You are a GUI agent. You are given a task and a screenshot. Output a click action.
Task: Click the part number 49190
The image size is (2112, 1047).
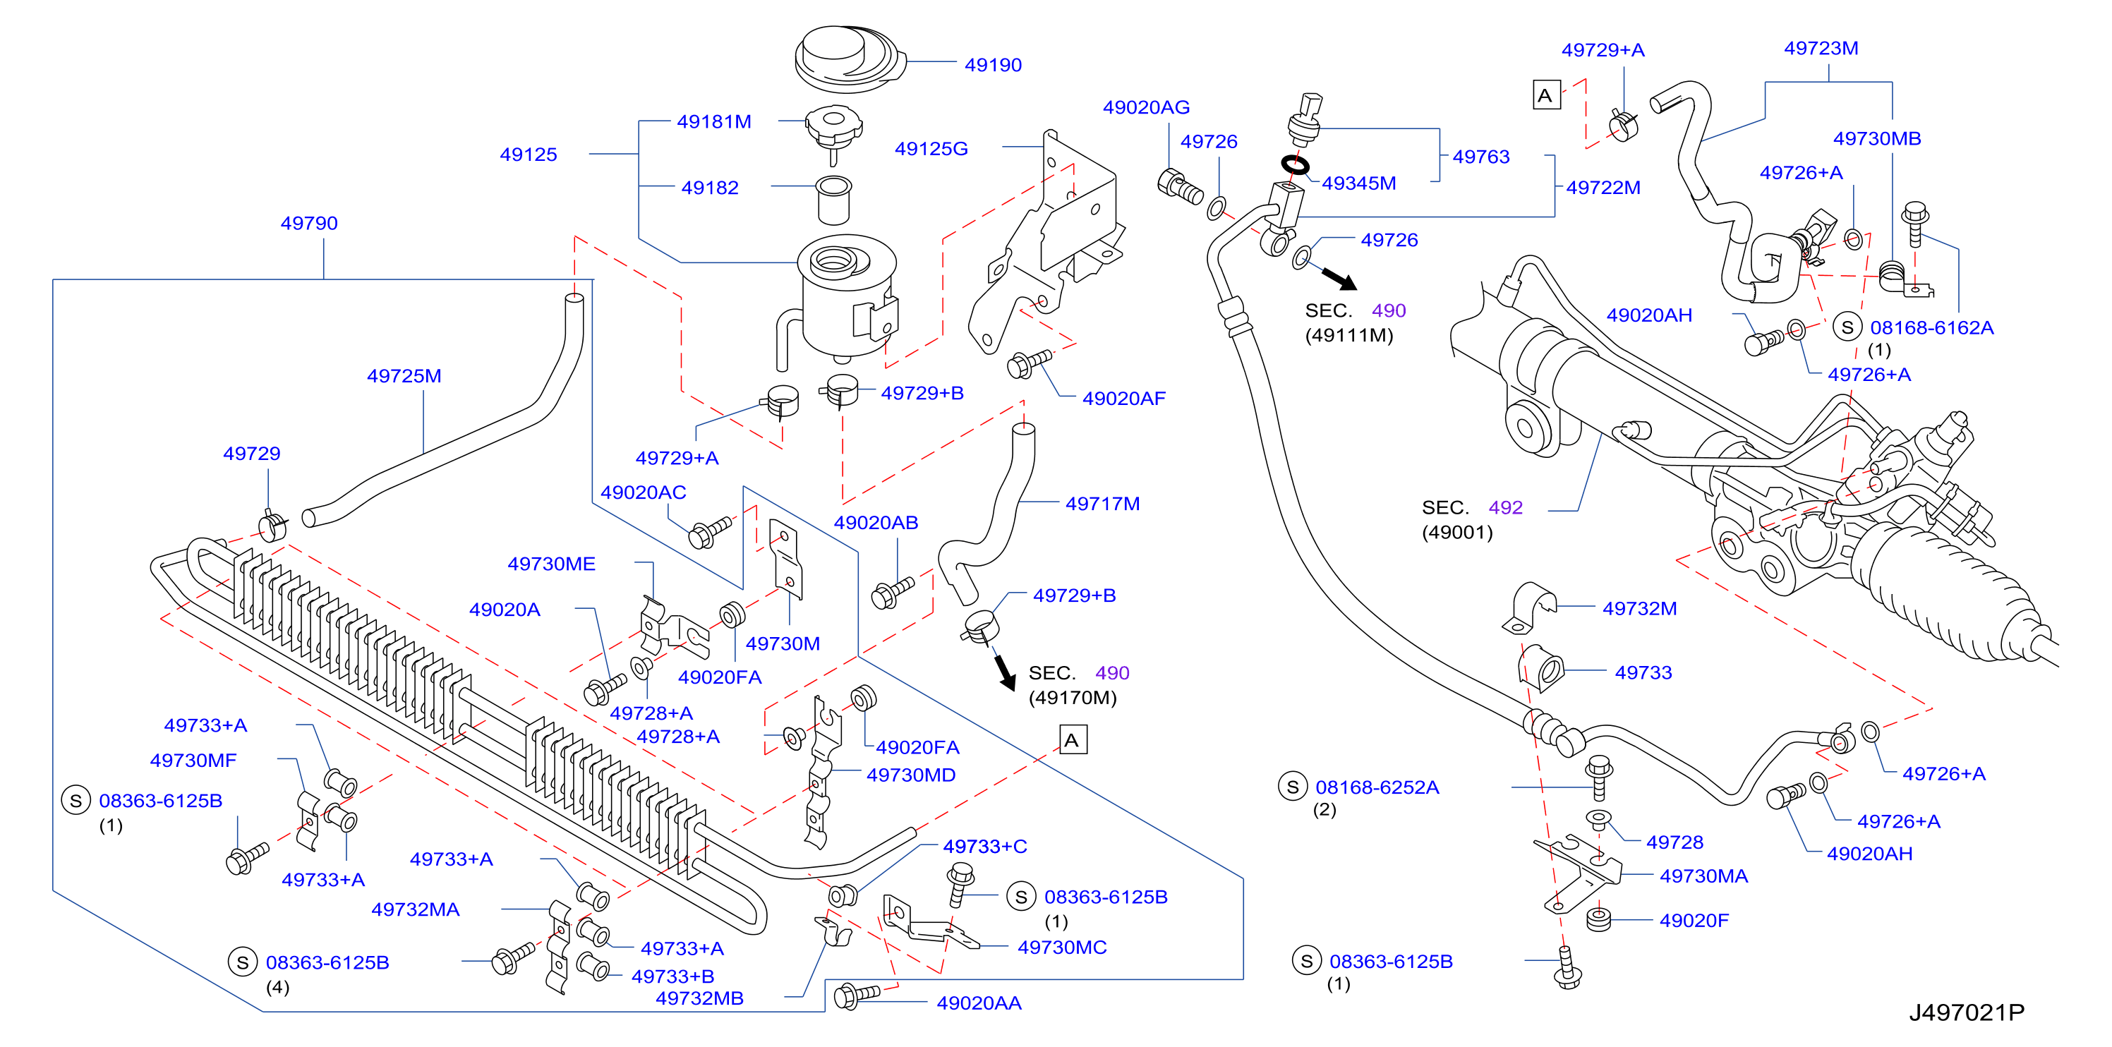tap(993, 65)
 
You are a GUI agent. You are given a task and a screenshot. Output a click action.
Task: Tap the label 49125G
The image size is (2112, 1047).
tap(931, 148)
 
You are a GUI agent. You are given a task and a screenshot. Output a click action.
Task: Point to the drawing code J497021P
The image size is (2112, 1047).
tap(1966, 1012)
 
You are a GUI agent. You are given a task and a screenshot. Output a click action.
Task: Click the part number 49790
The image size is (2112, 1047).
tap(309, 223)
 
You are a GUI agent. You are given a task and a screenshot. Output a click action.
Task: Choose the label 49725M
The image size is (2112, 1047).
tap(404, 375)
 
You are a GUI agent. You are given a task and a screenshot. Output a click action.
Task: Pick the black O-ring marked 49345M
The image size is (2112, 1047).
tap(1295, 165)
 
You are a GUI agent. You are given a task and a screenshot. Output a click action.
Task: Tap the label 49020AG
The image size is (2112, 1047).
tap(1146, 107)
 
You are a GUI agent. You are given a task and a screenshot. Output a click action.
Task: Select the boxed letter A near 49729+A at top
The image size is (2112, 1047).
tap(1546, 95)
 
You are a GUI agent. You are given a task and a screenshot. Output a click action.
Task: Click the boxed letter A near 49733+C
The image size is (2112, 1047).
tap(1073, 739)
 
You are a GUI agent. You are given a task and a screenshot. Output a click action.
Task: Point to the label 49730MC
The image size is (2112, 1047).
tap(1062, 947)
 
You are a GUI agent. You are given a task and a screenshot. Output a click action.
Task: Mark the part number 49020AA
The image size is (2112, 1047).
tap(979, 1003)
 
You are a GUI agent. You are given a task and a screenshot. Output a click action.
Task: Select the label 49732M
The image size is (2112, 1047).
tap(1640, 608)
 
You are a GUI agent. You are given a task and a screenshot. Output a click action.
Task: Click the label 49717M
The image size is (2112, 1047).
tap(1103, 504)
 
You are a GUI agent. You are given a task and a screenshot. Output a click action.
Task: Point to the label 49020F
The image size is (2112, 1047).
tap(1694, 920)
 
